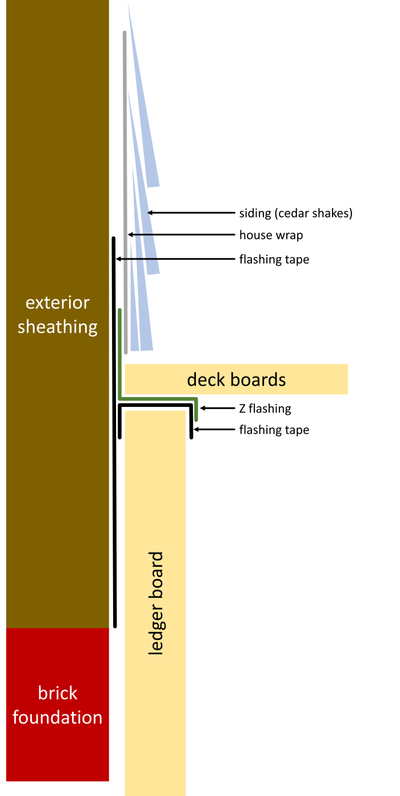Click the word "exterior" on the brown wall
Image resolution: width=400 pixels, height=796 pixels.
pos(57,302)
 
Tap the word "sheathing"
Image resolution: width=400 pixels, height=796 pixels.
pos(57,327)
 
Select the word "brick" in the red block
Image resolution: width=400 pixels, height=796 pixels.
pos(57,693)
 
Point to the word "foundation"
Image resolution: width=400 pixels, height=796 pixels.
pos(57,717)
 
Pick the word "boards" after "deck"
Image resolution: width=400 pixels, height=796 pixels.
pos(258,379)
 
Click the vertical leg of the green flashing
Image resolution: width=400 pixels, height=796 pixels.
pos(119,354)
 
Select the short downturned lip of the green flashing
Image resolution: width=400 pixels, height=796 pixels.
pos(196,410)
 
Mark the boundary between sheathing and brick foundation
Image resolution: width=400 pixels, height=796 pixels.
pos(57,628)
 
